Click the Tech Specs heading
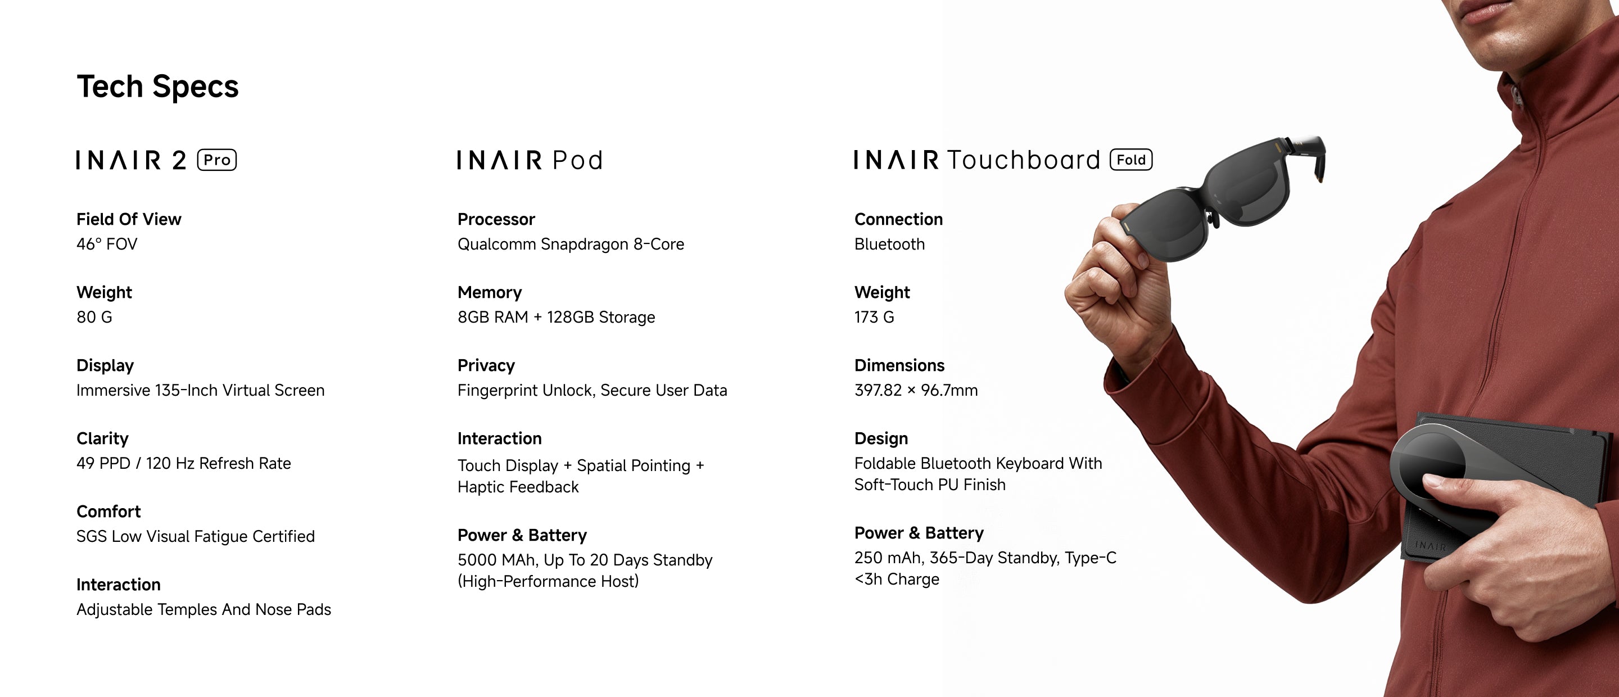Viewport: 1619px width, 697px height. tap(158, 87)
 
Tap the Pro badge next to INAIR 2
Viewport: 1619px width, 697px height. tap(217, 160)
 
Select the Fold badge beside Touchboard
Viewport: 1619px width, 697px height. tap(1131, 160)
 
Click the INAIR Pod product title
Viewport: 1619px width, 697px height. tap(530, 160)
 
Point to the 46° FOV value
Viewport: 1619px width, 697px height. tap(107, 244)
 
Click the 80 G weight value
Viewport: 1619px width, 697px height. tap(94, 317)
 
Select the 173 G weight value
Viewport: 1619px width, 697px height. tap(874, 317)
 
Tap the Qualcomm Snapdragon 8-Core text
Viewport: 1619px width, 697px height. tap(571, 244)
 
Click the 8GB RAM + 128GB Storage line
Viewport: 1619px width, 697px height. tap(556, 317)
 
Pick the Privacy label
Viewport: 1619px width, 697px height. tap(486, 365)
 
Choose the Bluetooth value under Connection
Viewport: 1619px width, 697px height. tap(889, 244)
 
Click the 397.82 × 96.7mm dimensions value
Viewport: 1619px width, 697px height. tap(916, 390)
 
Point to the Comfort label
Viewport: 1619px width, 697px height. tap(108, 512)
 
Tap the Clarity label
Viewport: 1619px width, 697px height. tap(102, 438)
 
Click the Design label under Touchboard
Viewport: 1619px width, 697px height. tap(881, 438)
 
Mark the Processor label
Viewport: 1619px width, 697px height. tap(496, 219)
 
